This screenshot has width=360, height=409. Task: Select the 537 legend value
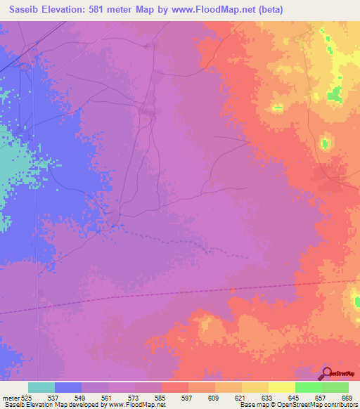tap(54, 397)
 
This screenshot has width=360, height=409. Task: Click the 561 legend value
tap(108, 397)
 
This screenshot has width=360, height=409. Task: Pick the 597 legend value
tap(188, 397)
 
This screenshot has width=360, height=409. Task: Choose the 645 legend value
tap(295, 397)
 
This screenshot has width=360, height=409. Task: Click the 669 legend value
tap(347, 397)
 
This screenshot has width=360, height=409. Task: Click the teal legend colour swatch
tap(41, 387)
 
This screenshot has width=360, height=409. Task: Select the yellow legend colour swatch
tap(281, 387)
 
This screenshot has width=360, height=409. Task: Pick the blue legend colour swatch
tap(68, 387)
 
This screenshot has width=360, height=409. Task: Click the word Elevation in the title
tap(66, 9)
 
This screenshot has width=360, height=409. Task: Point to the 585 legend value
tap(161, 397)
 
